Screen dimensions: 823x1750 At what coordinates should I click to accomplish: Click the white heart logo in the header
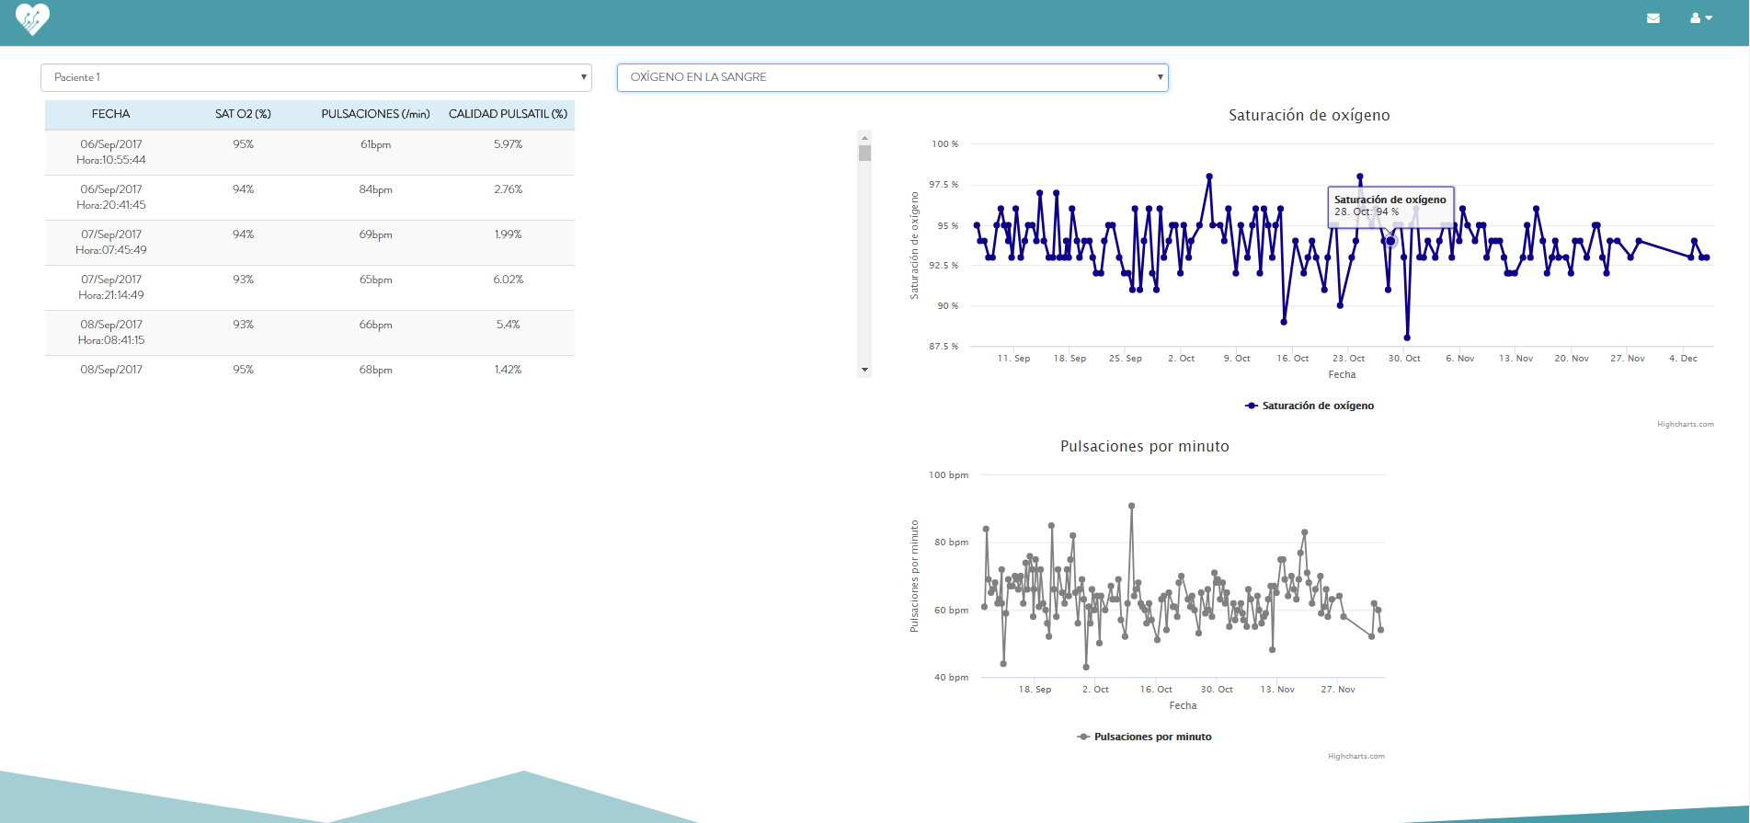point(32,18)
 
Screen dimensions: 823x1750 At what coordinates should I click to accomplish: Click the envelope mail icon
point(1653,18)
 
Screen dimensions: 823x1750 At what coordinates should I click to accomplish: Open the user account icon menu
point(1700,18)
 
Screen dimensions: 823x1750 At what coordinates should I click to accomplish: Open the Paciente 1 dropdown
point(315,77)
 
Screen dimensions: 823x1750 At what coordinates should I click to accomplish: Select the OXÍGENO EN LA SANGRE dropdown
point(892,77)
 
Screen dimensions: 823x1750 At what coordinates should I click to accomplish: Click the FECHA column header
point(110,114)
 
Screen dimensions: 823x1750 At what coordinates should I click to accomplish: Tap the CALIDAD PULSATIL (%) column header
point(508,114)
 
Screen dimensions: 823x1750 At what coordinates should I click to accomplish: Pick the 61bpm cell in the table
point(375,144)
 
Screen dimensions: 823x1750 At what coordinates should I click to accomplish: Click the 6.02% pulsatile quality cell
point(508,280)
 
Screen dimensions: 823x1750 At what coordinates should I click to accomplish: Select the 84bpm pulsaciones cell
point(375,189)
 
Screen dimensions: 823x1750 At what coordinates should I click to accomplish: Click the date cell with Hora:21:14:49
point(111,287)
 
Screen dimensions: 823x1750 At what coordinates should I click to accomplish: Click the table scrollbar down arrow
point(864,370)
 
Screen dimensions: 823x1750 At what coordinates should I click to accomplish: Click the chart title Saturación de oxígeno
point(1309,115)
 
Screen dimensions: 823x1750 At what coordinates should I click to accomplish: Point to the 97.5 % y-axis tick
point(944,185)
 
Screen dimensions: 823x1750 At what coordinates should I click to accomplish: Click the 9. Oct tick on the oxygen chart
point(1236,359)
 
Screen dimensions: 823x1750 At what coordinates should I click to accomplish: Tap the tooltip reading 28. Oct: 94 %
point(1390,206)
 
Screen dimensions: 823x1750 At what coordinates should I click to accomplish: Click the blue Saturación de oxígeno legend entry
point(1310,406)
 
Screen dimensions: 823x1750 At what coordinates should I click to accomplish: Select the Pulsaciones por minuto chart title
point(1144,446)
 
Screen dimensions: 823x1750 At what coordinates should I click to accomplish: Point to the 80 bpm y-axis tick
point(951,543)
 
